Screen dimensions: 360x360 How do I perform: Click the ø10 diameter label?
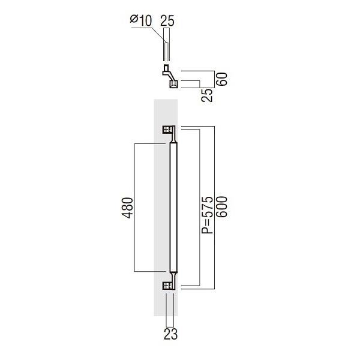(142, 20)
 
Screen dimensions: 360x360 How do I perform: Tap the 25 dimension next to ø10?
(167, 20)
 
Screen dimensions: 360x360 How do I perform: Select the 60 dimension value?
(221, 79)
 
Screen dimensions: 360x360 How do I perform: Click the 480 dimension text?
(126, 208)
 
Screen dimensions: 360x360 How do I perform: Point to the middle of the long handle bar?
(173, 208)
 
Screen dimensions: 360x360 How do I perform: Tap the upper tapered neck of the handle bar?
(174, 140)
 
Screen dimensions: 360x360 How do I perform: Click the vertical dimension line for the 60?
(214, 79)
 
